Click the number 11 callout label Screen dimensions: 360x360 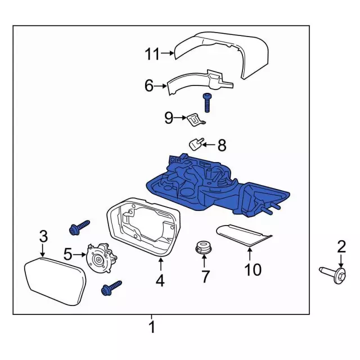point(151,54)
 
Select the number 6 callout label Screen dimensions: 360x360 point(148,85)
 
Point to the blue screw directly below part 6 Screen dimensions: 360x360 point(206,103)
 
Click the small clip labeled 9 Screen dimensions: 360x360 point(195,119)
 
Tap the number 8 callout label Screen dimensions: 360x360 point(222,146)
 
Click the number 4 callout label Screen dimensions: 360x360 point(160,280)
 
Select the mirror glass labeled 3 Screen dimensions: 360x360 point(54,281)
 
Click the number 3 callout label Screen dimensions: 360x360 point(43,237)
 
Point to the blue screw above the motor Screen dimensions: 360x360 point(78,227)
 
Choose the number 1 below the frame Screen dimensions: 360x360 point(151,327)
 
